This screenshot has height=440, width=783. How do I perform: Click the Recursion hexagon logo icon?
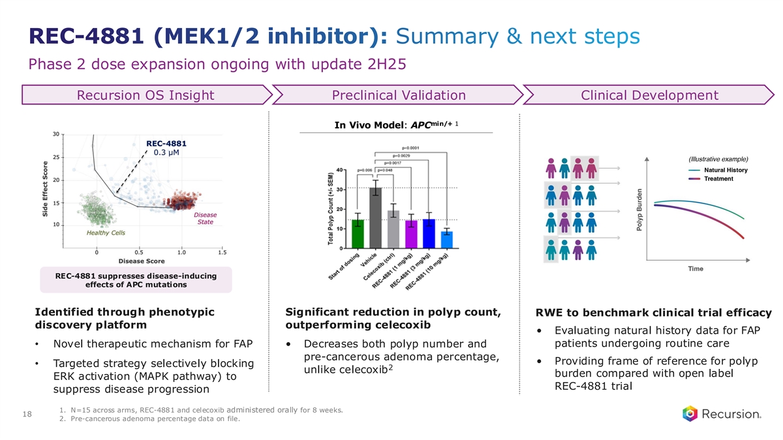click(690, 414)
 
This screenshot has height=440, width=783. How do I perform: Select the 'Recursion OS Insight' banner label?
click(146, 96)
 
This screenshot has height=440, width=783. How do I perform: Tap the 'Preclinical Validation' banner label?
click(399, 96)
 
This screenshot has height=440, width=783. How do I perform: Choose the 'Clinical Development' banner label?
click(649, 96)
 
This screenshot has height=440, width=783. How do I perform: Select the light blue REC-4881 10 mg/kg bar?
click(446, 239)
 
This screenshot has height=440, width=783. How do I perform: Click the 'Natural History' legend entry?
click(725, 170)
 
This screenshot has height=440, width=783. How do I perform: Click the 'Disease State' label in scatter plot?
click(206, 218)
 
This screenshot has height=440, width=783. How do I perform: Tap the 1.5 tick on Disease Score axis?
click(223, 253)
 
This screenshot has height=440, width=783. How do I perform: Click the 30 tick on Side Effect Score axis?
click(57, 134)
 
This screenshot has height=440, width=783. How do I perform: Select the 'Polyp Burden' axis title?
click(641, 209)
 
